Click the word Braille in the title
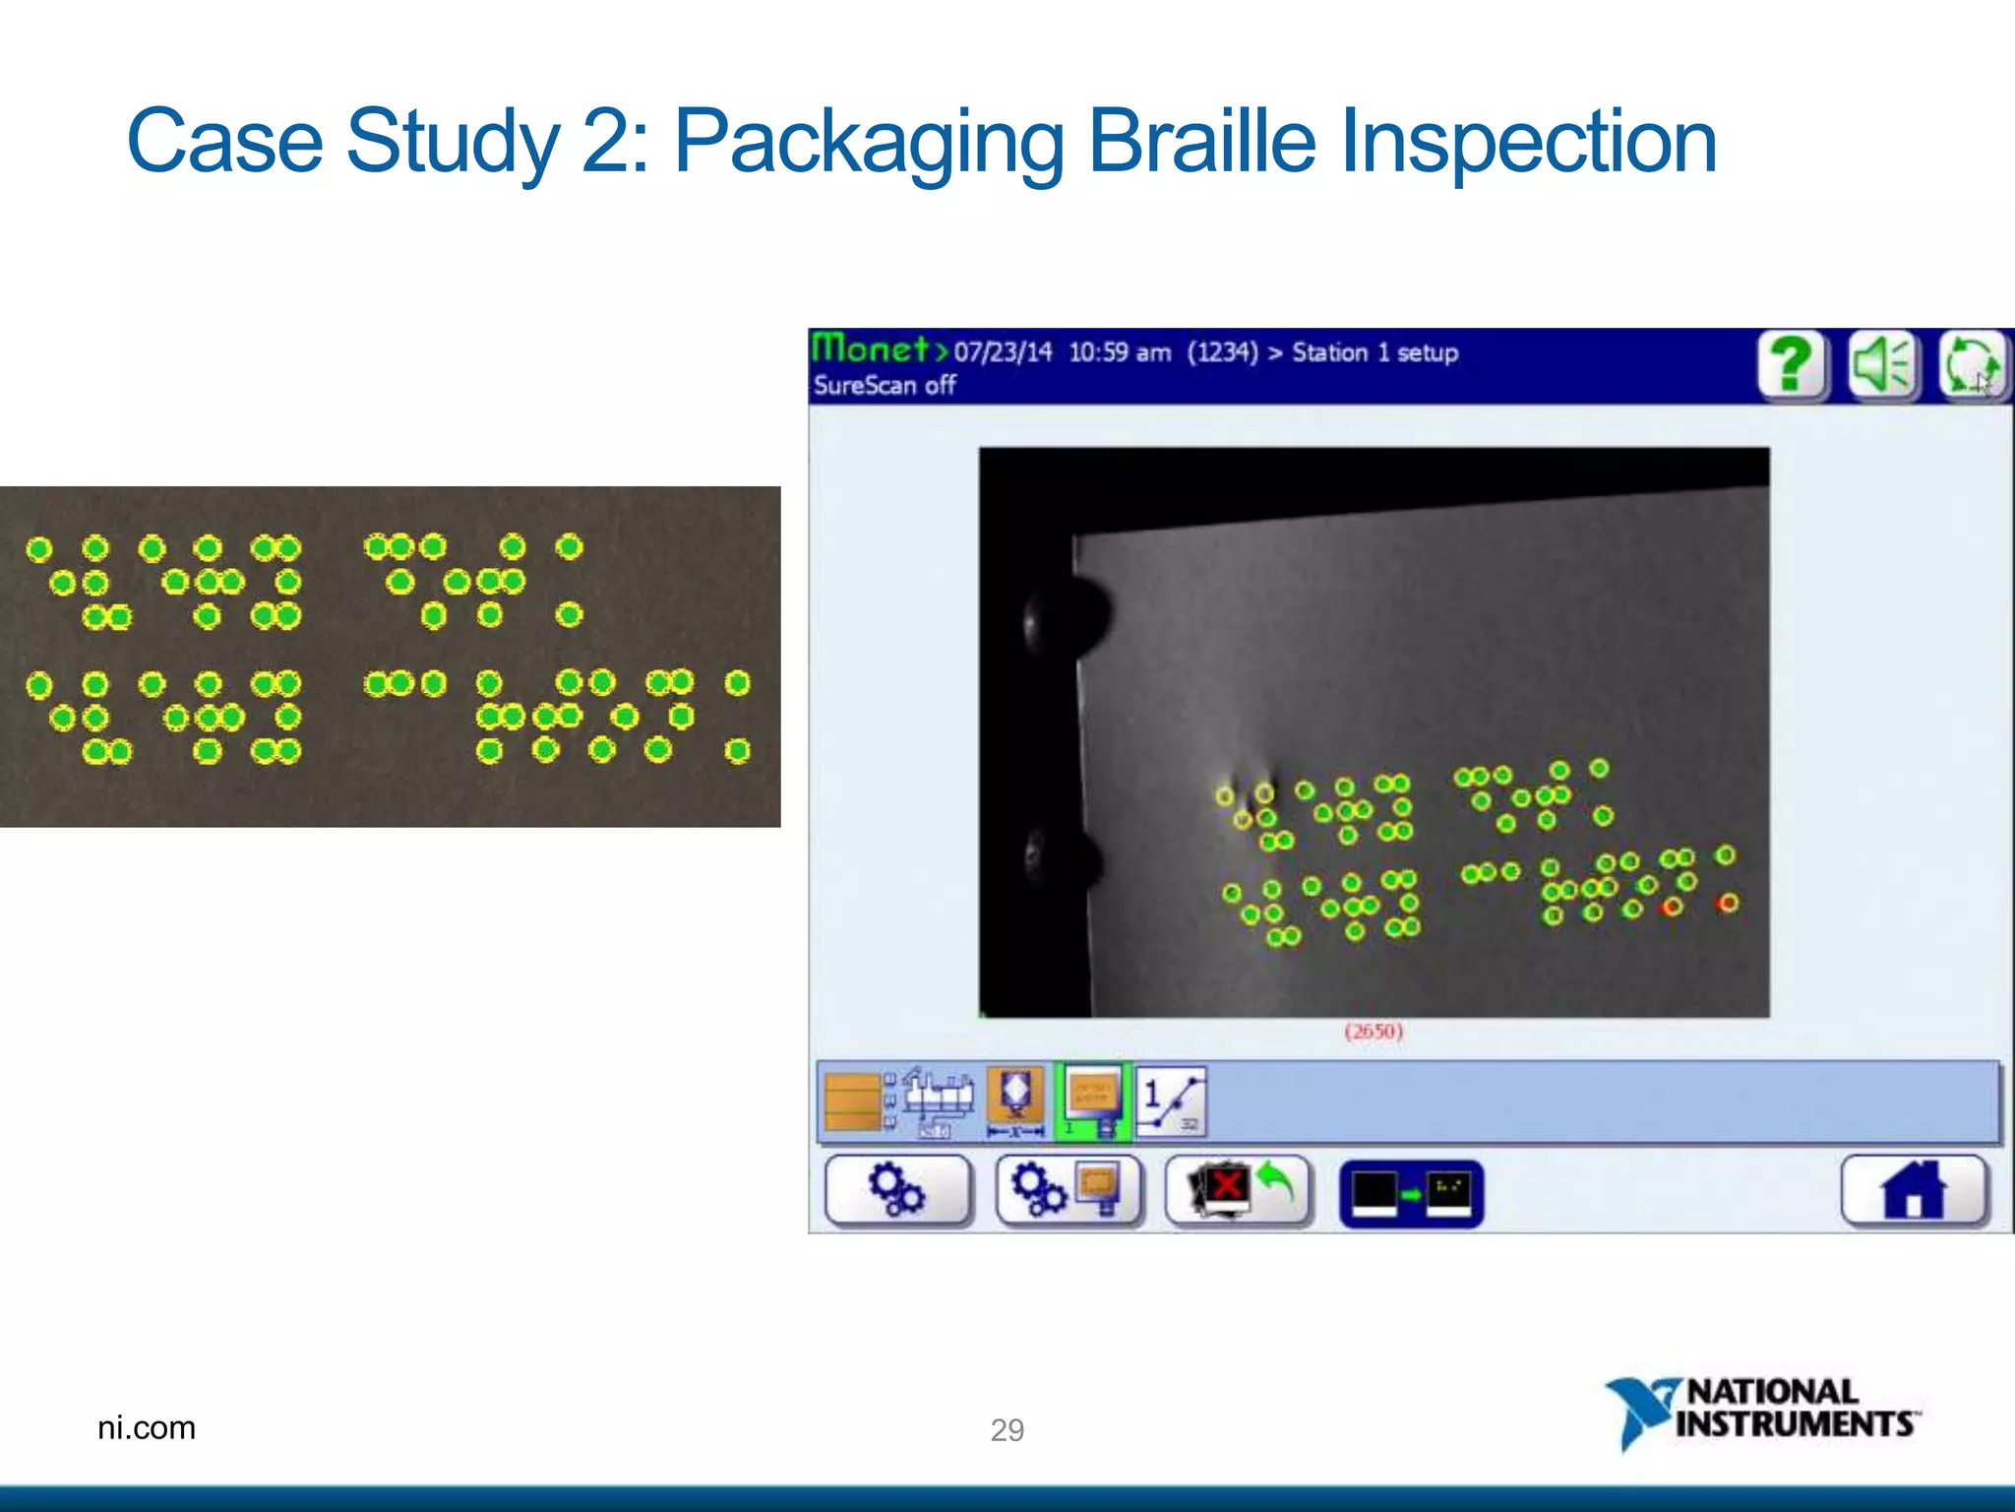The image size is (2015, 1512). pos(1201,143)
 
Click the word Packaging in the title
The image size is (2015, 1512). pos(868,143)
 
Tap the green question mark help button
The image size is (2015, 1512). pos(1792,365)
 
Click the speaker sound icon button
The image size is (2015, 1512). pos(1881,365)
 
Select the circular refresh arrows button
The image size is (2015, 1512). pos(1972,365)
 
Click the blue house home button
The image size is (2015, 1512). pos(1913,1191)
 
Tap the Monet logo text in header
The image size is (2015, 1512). pos(871,349)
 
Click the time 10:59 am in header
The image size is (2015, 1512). pos(1119,352)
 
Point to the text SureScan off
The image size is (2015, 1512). pos(884,386)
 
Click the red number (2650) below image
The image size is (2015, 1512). pos(1374,1032)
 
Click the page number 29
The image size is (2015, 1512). pos(1007,1429)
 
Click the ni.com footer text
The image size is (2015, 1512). pos(147,1427)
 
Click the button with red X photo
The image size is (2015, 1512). pos(1237,1191)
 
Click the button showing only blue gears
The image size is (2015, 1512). pos(896,1191)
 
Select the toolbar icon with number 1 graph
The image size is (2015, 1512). pos(1171,1102)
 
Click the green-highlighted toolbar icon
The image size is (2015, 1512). pos(1092,1102)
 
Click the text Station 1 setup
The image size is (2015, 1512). pos(1374,352)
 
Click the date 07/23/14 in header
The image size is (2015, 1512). pos(1003,352)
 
